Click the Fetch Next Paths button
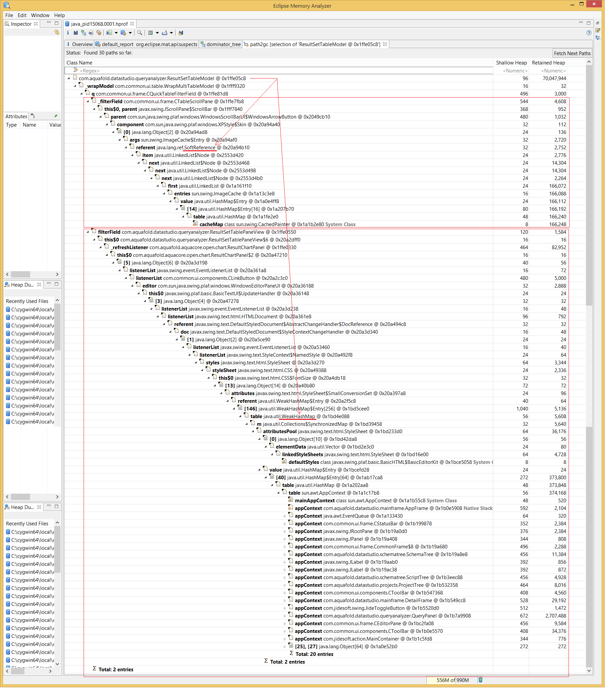coord(572,53)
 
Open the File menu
coord(9,15)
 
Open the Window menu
coord(40,15)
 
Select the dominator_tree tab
coord(223,44)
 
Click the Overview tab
coord(82,44)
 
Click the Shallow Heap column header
coord(511,63)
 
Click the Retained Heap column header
coord(548,63)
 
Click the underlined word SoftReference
coord(199,148)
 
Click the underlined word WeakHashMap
coord(298,416)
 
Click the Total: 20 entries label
coord(314,654)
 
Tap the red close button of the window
coord(594,4)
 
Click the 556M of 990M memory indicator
coord(452,680)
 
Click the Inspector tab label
coord(21,24)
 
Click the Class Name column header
coord(80,63)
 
